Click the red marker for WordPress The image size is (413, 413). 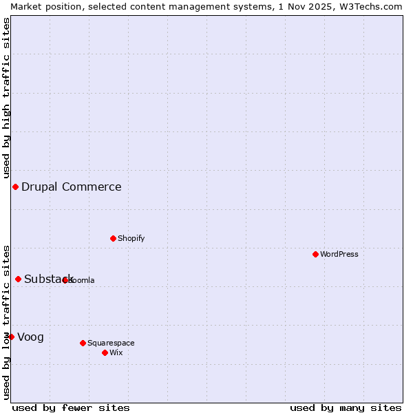[x=315, y=254]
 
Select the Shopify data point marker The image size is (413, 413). [x=113, y=238]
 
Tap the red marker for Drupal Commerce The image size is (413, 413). [x=15, y=187]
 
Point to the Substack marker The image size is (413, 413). [x=18, y=279]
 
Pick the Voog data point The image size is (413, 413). [x=11, y=337]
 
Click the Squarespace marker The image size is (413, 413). [x=83, y=343]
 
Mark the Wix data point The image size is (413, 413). [x=105, y=352]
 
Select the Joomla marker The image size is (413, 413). [x=65, y=280]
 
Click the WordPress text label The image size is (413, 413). [x=339, y=254]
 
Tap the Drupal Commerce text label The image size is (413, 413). [x=71, y=187]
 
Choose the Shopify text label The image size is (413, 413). [x=131, y=238]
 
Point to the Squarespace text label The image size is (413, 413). [x=111, y=343]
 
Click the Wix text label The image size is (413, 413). [x=116, y=352]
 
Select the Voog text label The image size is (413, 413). [x=30, y=337]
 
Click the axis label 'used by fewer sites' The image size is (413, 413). [x=71, y=407]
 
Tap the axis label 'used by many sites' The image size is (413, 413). [x=346, y=407]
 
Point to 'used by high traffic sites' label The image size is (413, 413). [x=6, y=98]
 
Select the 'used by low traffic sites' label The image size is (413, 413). [x=6, y=322]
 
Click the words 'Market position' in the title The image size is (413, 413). [x=42, y=6]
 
